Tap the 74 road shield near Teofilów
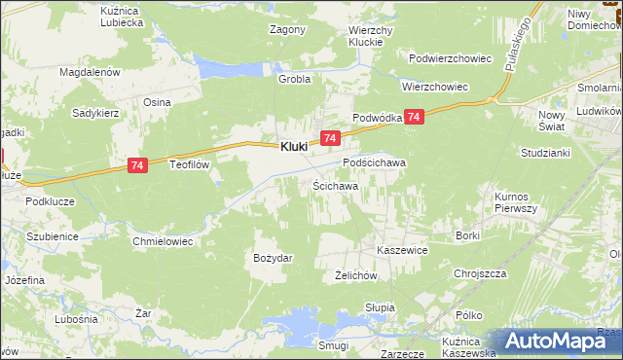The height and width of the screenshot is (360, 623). (x=137, y=167)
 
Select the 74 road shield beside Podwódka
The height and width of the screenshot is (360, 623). (x=415, y=117)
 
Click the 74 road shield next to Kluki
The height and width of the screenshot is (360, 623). (x=330, y=140)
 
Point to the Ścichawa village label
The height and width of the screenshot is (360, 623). (x=335, y=185)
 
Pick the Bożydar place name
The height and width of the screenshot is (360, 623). (x=274, y=257)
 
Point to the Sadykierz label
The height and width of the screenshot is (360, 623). (x=95, y=113)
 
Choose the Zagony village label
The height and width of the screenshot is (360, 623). (x=287, y=29)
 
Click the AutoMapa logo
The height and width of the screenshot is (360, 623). (x=562, y=340)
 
